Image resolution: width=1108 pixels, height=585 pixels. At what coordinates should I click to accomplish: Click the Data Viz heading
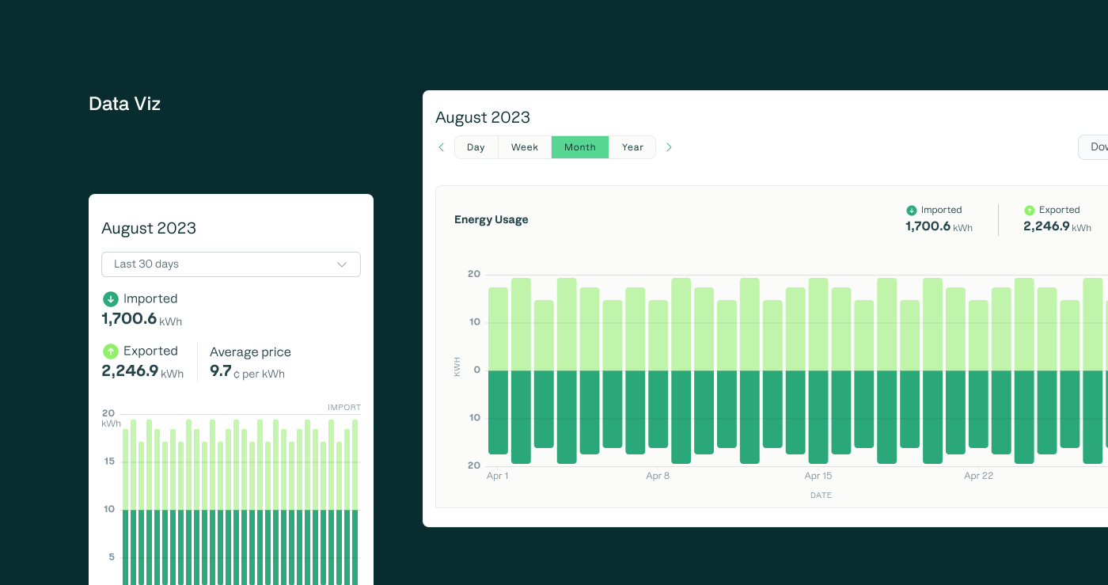pyautogui.click(x=124, y=104)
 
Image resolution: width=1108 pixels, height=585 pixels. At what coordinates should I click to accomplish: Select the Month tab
pyautogui.click(x=579, y=147)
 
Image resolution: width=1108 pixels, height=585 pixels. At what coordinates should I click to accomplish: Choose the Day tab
pyautogui.click(x=476, y=147)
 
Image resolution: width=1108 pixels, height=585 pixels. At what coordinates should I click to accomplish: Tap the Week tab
pyautogui.click(x=524, y=147)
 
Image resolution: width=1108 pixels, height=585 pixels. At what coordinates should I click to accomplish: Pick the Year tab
pyautogui.click(x=632, y=147)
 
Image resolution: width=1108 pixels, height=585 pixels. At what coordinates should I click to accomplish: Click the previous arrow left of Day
pyautogui.click(x=442, y=147)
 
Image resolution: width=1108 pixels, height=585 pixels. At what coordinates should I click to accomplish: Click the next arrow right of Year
pyautogui.click(x=669, y=147)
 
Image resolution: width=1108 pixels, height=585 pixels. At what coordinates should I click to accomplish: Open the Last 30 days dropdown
pyautogui.click(x=230, y=264)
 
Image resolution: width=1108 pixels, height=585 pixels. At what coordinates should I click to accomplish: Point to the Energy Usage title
pyautogui.click(x=491, y=220)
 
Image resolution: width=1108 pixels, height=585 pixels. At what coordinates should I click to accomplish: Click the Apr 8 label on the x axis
pyautogui.click(x=658, y=476)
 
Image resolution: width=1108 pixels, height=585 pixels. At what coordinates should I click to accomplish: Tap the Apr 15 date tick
pyautogui.click(x=818, y=476)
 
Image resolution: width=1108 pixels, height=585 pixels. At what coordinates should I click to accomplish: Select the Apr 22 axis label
pyautogui.click(x=978, y=476)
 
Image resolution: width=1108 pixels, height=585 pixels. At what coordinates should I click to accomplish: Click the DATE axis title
pyautogui.click(x=821, y=496)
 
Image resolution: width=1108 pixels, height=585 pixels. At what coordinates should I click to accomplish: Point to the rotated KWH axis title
pyautogui.click(x=457, y=367)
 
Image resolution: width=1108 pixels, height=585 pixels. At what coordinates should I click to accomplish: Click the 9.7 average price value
pyautogui.click(x=220, y=370)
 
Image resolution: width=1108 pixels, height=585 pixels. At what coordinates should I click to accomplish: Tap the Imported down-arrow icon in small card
pyautogui.click(x=110, y=299)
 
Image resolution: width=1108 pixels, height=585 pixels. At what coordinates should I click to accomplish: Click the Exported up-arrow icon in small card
pyautogui.click(x=110, y=351)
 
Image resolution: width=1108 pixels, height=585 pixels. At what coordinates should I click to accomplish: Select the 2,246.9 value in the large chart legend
pyautogui.click(x=1045, y=226)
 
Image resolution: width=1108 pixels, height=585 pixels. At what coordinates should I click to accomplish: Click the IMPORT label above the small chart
pyautogui.click(x=344, y=408)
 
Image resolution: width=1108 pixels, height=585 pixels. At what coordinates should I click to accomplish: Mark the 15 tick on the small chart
pyautogui.click(x=109, y=462)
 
